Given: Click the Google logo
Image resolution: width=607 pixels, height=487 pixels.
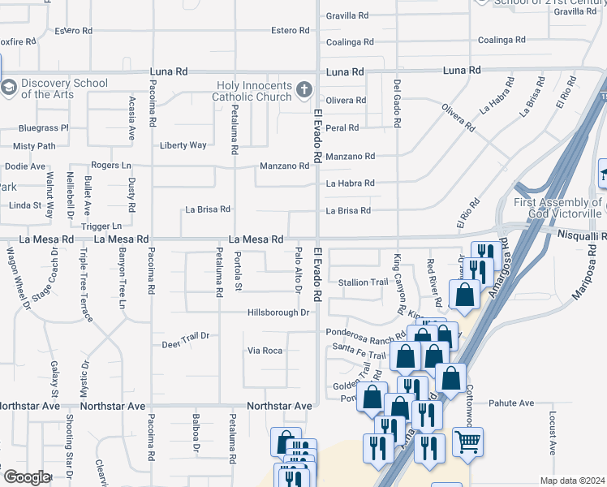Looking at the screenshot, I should pyautogui.click(x=27, y=477).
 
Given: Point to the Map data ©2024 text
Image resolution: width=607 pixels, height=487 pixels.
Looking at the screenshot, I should pyautogui.click(x=573, y=481).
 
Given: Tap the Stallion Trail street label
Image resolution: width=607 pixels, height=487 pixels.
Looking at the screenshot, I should pyautogui.click(x=364, y=282).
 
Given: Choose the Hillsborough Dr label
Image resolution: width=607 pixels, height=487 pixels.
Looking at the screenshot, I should pyautogui.click(x=279, y=312).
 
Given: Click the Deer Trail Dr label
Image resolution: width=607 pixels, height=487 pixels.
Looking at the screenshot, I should pyautogui.click(x=186, y=338).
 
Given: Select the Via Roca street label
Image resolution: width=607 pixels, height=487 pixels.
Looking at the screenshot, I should pyautogui.click(x=265, y=351).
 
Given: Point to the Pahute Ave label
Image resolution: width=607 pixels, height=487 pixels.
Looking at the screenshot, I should pyautogui.click(x=513, y=403).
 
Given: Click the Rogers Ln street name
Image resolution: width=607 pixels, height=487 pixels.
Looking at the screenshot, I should pyautogui.click(x=111, y=165).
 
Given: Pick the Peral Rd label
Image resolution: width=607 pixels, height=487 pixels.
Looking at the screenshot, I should pyautogui.click(x=342, y=128).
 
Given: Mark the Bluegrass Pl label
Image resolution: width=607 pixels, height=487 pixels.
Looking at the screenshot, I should pyautogui.click(x=44, y=127).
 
